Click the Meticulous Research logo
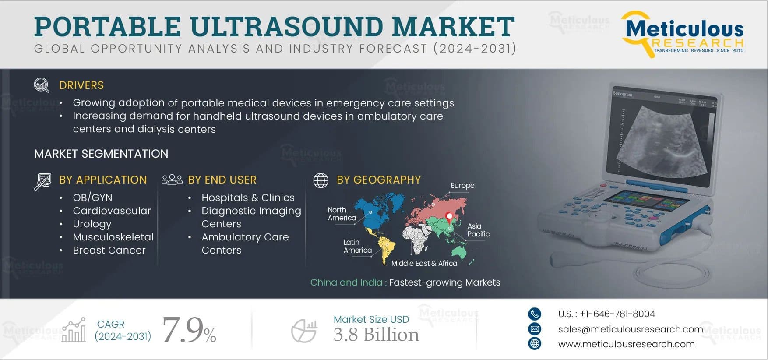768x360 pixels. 683,34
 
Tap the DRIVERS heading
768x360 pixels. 81,85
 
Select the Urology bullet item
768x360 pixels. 92,224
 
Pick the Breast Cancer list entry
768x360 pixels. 109,250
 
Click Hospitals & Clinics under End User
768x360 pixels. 248,198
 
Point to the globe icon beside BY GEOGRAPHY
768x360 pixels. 321,180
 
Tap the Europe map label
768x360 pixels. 462,186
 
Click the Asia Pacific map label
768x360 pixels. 478,230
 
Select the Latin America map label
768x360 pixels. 357,246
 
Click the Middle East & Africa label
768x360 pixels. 424,263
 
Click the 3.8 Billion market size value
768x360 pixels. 376,335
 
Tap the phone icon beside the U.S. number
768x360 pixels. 535,314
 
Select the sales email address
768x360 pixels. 631,329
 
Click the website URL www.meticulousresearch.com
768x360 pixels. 626,344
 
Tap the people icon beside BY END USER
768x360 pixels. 172,180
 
